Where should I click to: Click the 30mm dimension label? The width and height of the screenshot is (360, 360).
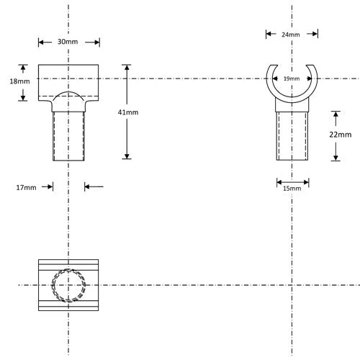(68, 42)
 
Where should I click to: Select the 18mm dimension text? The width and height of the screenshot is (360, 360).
(20, 82)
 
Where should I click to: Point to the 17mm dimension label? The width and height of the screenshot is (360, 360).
(26, 187)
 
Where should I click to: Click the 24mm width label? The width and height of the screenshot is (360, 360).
(291, 34)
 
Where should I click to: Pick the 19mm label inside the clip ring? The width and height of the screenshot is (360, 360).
(292, 78)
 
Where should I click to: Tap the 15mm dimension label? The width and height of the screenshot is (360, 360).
(292, 188)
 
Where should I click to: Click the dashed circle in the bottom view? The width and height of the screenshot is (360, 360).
(69, 285)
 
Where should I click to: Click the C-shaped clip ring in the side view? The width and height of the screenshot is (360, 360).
(271, 86)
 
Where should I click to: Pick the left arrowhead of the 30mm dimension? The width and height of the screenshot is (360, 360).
(41, 42)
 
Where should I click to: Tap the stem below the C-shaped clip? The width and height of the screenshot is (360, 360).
(292, 133)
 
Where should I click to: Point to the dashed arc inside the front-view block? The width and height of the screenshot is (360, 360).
(68, 94)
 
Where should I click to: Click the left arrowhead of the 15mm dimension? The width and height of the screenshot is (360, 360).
(279, 181)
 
